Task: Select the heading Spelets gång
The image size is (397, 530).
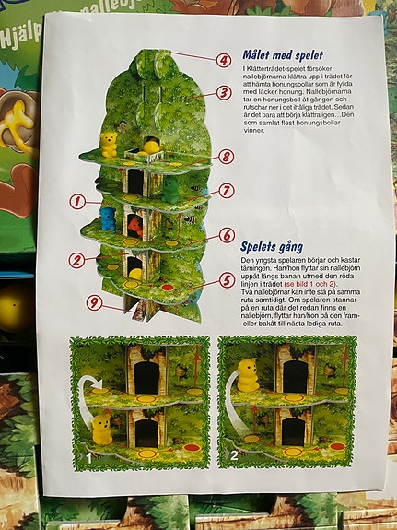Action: (274, 246)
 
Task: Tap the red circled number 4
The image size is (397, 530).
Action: (224, 60)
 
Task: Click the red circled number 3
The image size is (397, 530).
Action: (224, 92)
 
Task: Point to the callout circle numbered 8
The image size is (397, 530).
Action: (227, 157)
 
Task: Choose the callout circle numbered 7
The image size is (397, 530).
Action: (227, 190)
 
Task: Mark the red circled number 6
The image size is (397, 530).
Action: (227, 235)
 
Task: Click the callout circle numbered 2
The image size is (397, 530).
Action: (78, 260)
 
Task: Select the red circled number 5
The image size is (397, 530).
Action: (227, 279)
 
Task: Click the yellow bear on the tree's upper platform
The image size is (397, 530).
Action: (110, 144)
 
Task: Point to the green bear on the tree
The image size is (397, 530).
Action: (170, 189)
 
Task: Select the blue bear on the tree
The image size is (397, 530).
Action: (108, 218)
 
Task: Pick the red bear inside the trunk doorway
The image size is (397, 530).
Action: (136, 225)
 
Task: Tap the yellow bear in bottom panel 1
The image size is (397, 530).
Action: (102, 428)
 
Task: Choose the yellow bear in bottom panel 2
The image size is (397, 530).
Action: (247, 374)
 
